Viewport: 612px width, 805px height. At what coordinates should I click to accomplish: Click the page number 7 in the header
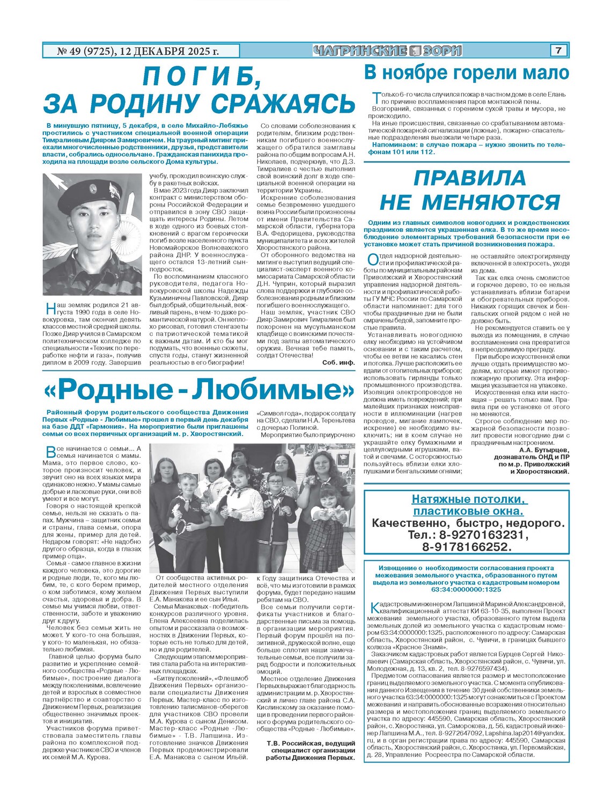point(558,50)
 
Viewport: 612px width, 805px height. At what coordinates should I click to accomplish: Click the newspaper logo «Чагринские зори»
point(387,51)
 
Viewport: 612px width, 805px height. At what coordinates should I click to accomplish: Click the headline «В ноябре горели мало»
point(466,72)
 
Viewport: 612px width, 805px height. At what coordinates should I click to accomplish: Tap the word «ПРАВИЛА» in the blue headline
point(469,178)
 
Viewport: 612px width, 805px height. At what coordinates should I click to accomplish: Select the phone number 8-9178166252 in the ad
point(466,547)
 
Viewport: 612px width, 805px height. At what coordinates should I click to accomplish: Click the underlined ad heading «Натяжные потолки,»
point(469,499)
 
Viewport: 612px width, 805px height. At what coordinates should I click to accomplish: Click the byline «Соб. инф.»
point(338,362)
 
